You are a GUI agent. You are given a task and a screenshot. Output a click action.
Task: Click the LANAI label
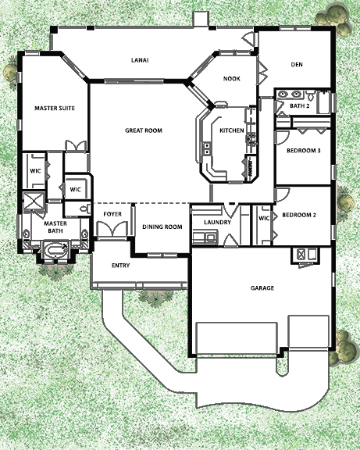point(140,60)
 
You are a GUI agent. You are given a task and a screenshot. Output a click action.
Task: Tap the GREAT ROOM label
point(144,130)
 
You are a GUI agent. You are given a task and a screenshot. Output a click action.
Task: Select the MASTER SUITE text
point(55,108)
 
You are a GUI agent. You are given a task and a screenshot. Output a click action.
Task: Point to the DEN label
point(297,65)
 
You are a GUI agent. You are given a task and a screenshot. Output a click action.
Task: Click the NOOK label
point(232,79)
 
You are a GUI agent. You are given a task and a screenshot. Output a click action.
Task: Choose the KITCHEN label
point(232,130)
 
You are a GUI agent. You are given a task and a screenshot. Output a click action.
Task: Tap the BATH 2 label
point(299,106)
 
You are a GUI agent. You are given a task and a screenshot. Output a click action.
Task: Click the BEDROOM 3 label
point(304,150)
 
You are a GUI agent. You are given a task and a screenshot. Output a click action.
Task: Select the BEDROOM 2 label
point(299,215)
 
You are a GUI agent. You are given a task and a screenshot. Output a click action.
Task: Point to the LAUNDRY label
point(217,222)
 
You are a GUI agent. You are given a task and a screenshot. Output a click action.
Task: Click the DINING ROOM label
point(162,227)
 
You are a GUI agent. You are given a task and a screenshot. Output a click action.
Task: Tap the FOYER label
point(112,214)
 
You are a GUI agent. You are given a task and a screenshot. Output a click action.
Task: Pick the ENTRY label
point(120,266)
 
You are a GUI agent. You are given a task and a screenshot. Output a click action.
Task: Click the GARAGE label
point(262,287)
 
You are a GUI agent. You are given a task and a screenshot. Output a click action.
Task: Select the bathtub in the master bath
point(55,251)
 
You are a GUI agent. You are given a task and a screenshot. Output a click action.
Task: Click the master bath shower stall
point(34,201)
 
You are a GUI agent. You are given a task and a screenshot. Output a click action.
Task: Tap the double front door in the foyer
point(112,230)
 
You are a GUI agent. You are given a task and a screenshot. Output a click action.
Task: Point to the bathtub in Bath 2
point(324,102)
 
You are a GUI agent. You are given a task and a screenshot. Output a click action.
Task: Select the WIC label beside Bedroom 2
point(264,219)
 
